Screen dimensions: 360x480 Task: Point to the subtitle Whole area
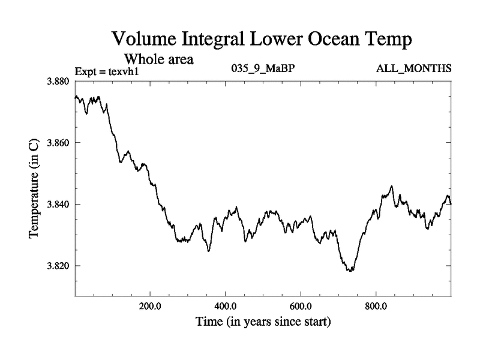pos(158,59)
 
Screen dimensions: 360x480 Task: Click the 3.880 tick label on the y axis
pos(59,81)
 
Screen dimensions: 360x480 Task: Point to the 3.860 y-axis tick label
pos(59,143)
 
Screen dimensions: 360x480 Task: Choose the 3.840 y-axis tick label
pos(59,204)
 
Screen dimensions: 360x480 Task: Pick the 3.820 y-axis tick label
pos(59,265)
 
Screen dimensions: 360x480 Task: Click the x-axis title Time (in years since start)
pos(263,322)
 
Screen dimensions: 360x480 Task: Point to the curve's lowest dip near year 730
pos(350,271)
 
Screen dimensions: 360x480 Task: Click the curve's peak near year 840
pos(392,187)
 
